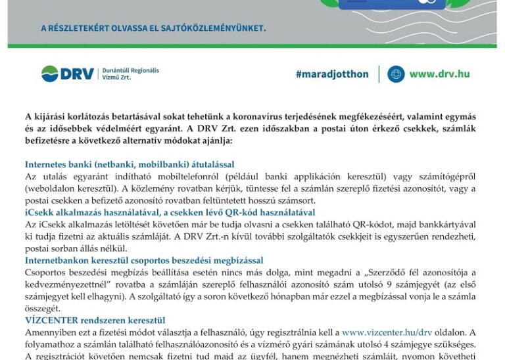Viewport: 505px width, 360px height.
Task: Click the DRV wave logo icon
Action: (50, 74)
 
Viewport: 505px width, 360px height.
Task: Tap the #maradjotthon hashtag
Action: (332, 74)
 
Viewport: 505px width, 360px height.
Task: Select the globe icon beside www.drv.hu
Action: (396, 74)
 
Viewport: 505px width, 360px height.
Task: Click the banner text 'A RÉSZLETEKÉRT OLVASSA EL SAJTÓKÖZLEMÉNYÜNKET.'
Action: (153, 28)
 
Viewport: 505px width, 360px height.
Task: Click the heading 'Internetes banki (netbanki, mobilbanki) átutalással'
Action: (130, 164)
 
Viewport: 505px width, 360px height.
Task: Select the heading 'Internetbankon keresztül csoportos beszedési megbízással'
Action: (144, 260)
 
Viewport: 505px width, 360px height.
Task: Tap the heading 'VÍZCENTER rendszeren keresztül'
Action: (95, 320)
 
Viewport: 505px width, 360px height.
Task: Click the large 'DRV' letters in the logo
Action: (78, 74)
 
